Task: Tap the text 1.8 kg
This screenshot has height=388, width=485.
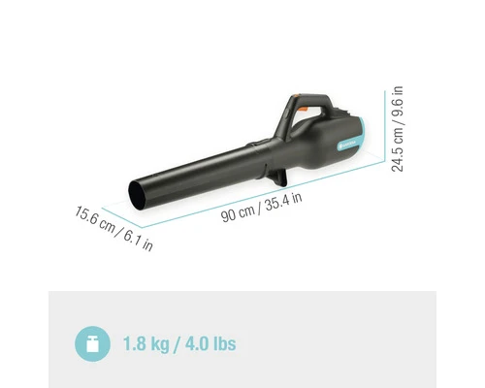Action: click(146, 344)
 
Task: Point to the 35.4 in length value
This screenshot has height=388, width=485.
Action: click(283, 201)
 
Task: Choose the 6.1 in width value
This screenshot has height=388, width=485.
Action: click(137, 239)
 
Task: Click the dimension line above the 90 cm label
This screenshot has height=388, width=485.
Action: click(252, 192)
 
